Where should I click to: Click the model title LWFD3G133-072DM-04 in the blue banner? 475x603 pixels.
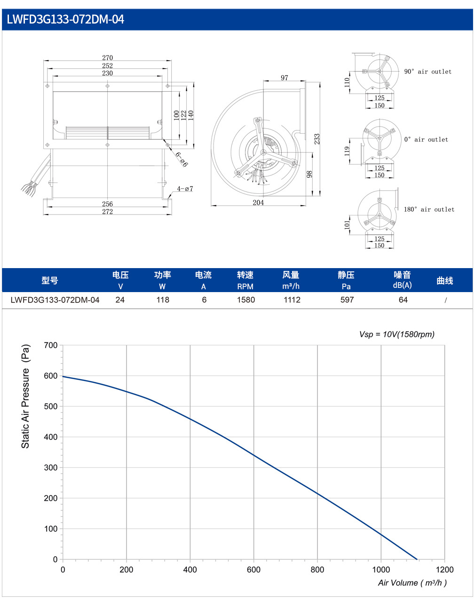(65, 19)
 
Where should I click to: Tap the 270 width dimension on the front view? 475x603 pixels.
(107, 58)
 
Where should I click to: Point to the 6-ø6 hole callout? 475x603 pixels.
(182, 159)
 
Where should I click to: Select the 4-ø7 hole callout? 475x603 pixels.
(185, 189)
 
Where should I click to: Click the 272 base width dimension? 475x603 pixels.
(107, 212)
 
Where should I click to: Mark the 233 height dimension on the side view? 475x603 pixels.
(317, 139)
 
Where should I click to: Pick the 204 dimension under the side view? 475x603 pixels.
(258, 202)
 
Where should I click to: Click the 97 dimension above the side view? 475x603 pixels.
(285, 78)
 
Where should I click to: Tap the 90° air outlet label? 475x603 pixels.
(427, 71)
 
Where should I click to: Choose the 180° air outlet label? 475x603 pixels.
(429, 209)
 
